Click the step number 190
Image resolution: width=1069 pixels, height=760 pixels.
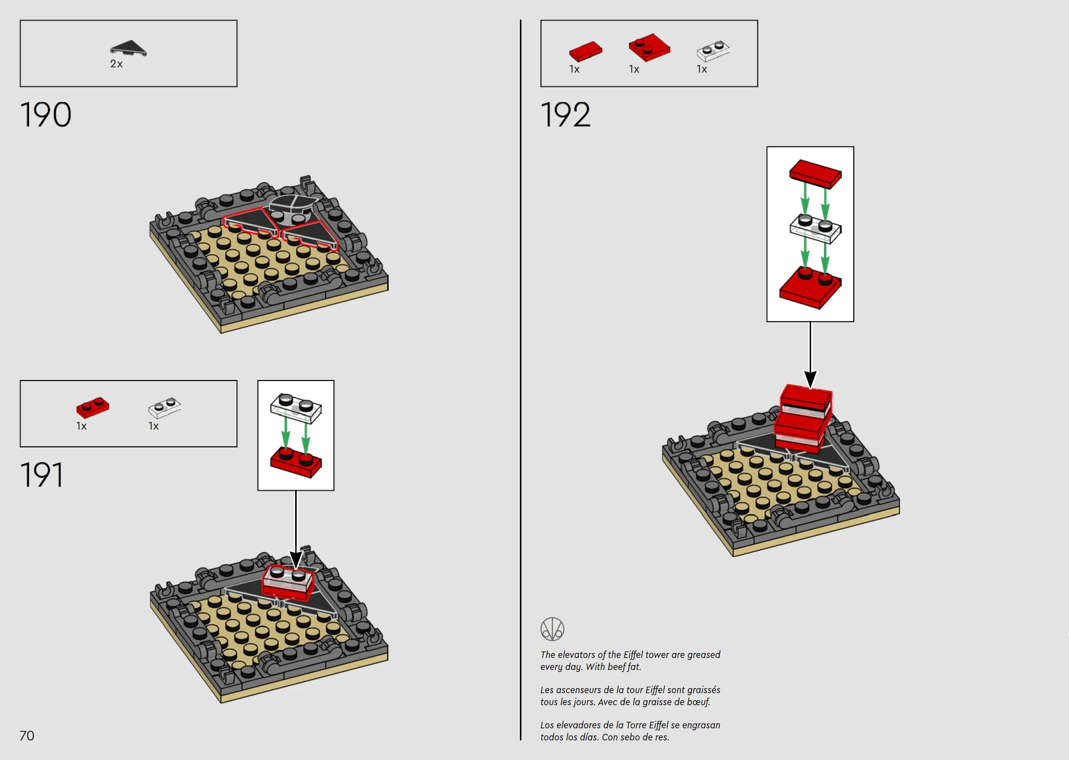(x=46, y=115)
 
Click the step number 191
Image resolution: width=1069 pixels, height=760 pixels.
(x=42, y=475)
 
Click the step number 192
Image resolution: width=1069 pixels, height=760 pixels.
(x=566, y=115)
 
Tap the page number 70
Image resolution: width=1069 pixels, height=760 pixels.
(x=27, y=736)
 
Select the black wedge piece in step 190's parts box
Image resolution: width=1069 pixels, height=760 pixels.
(x=128, y=48)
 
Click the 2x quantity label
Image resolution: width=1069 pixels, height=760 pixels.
(x=116, y=64)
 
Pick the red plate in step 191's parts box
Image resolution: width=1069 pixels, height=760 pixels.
(x=93, y=408)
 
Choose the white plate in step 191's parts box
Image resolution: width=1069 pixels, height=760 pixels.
(x=164, y=408)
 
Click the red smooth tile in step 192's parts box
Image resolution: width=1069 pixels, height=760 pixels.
(x=586, y=51)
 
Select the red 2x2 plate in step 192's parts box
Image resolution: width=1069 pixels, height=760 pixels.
(x=649, y=48)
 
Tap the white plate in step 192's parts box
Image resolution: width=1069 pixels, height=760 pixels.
(x=713, y=51)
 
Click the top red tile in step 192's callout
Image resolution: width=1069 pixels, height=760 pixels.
(x=815, y=174)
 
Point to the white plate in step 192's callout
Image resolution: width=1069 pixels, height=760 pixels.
(x=815, y=229)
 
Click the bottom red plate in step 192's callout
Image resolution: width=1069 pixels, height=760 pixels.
(x=810, y=288)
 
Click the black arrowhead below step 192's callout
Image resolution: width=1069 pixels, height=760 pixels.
(x=810, y=379)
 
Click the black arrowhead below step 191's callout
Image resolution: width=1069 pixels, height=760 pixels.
(x=296, y=559)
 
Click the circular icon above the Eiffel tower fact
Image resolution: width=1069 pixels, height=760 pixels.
(x=552, y=629)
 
